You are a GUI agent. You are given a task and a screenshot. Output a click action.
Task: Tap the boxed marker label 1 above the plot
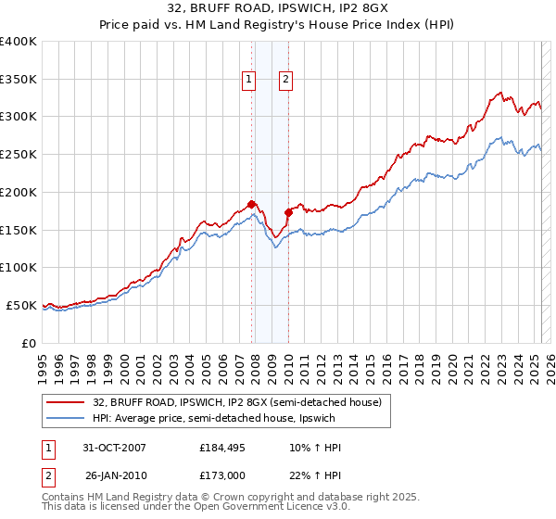[x=250, y=81]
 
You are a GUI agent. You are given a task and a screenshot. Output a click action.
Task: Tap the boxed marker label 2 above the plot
[x=285, y=81]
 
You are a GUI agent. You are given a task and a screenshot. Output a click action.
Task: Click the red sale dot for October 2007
[x=251, y=203]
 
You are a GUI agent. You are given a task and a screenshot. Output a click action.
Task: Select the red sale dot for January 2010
[x=288, y=212]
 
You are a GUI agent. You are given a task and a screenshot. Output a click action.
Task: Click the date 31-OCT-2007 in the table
[x=114, y=448]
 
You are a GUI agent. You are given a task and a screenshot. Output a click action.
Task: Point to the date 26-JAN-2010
[x=114, y=475]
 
